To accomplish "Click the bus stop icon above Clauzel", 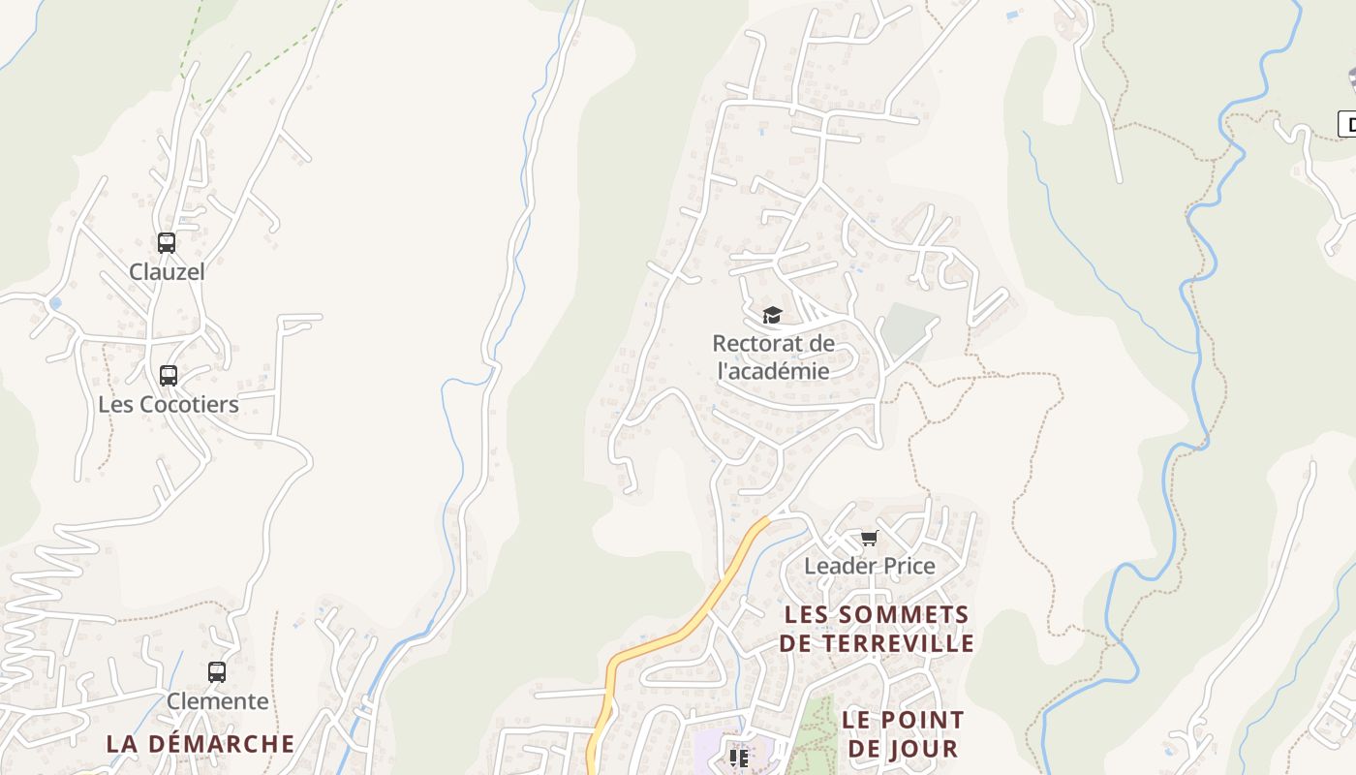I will pos(167,243).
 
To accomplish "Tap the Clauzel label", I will pos(168,272).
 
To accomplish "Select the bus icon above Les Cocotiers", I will pos(169,375).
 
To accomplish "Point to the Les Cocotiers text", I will pos(169,404).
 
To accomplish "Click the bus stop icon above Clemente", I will pos(217,671).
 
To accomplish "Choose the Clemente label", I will pos(218,701).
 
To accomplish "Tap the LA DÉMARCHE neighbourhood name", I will pos(200,744).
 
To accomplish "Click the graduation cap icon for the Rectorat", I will pos(772,315).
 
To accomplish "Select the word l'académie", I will pos(773,371).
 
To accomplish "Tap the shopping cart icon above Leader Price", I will pos(869,539).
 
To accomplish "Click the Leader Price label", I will pos(870,567).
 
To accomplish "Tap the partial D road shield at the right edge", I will pos(1347,124).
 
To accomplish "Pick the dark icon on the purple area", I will pos(739,758).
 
